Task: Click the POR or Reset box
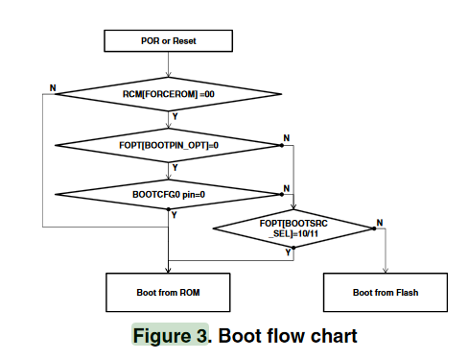[x=168, y=40]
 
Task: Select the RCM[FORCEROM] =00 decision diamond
[x=168, y=95]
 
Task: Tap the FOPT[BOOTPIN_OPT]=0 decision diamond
[x=168, y=145]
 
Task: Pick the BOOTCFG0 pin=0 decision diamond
[x=168, y=195]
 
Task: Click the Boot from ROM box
[x=168, y=291]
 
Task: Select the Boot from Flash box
[x=386, y=291]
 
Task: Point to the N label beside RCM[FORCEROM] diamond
[x=52, y=87]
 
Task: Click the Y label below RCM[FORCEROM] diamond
[x=175, y=116]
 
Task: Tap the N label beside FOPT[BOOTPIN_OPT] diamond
[x=286, y=139]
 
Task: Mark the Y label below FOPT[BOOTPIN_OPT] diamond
[x=175, y=166]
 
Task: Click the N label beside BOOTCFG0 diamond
[x=286, y=188]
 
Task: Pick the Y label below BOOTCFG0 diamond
[x=175, y=216]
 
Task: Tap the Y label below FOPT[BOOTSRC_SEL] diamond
[x=289, y=252]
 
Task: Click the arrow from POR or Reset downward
[x=168, y=64]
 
